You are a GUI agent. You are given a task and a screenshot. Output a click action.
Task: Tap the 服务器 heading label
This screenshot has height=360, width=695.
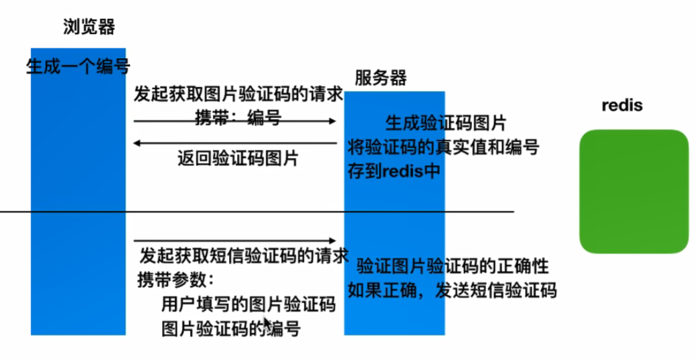pyautogui.click(x=380, y=77)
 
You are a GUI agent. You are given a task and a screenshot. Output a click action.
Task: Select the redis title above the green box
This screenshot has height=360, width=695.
pyautogui.click(x=622, y=105)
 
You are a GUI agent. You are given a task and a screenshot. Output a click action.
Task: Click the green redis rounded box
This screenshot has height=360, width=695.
pyautogui.click(x=634, y=191)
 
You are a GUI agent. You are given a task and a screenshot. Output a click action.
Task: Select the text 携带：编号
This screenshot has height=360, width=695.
pyautogui.click(x=238, y=118)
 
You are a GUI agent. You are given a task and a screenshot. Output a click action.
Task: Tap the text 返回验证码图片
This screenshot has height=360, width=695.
pyautogui.click(x=238, y=159)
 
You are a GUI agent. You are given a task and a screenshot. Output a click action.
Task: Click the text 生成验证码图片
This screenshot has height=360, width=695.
pyautogui.click(x=445, y=123)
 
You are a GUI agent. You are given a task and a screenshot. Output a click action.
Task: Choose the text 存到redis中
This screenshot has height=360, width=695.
pyautogui.click(x=394, y=169)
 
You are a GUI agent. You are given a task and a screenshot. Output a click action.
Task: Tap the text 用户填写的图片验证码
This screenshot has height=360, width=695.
pyautogui.click(x=248, y=304)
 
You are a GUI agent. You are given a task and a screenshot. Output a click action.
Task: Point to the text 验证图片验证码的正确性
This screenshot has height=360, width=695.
pyautogui.click(x=453, y=266)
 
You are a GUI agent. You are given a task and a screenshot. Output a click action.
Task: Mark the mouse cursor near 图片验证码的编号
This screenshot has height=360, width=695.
pyautogui.click(x=267, y=325)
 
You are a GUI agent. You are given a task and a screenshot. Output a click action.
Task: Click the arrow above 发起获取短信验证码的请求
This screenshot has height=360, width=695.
pyautogui.click(x=234, y=240)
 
